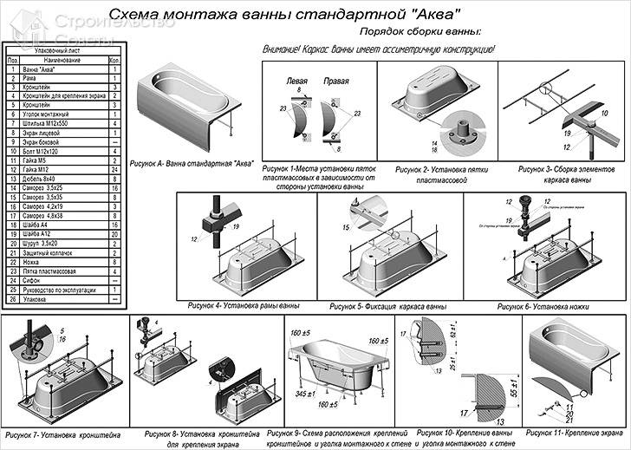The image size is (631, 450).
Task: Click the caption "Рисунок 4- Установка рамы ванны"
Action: click(244, 305)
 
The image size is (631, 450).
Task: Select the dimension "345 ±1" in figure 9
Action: click(303, 395)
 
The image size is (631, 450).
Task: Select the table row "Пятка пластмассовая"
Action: click(47, 271)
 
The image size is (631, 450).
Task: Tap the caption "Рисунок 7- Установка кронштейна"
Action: click(62, 434)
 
